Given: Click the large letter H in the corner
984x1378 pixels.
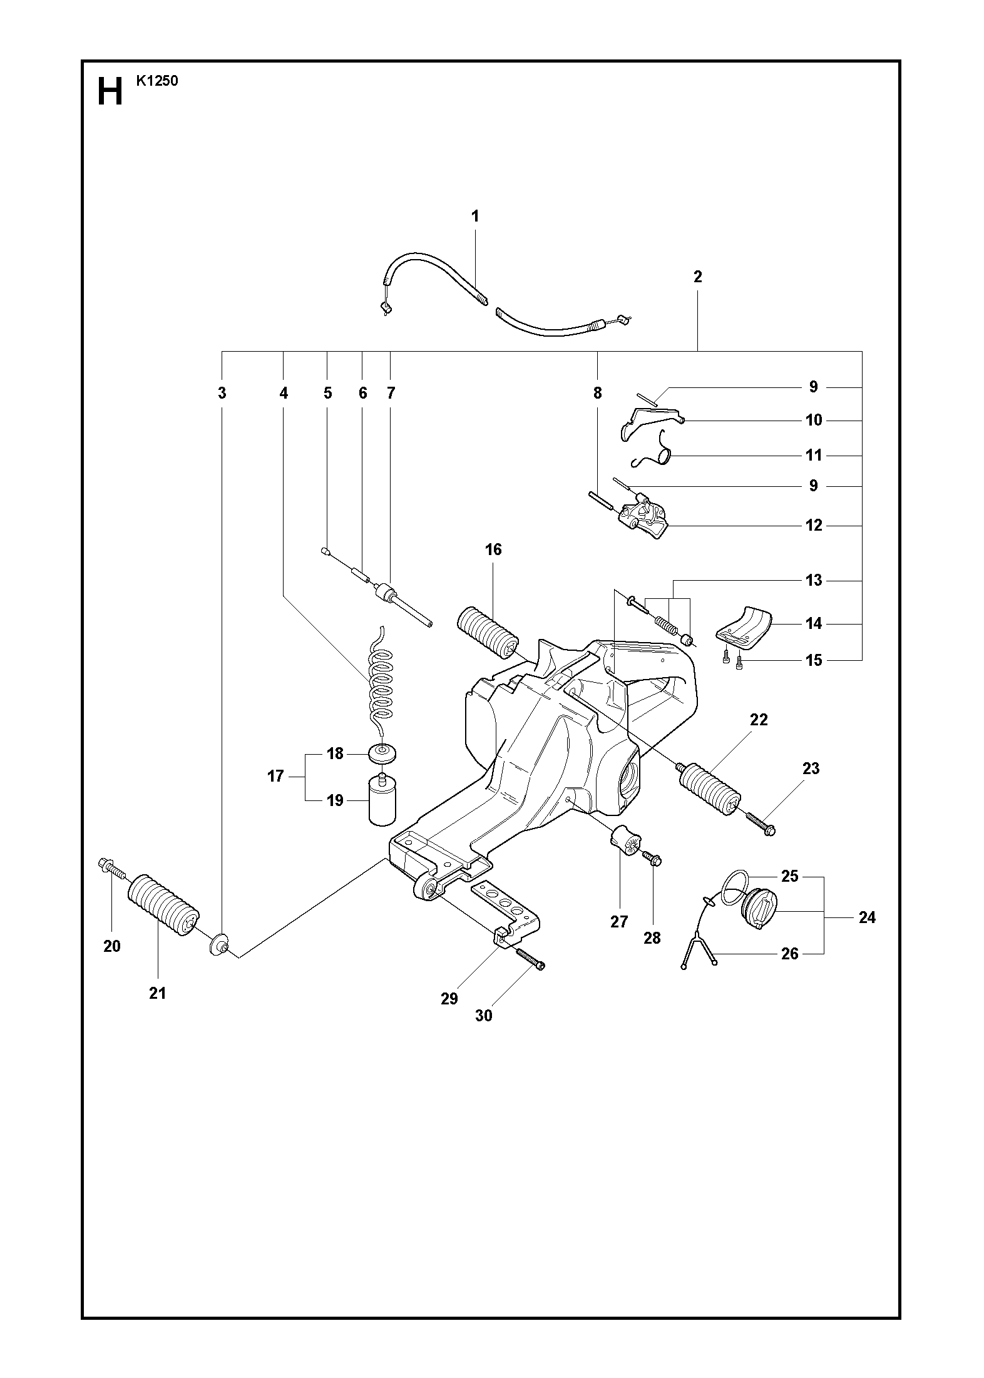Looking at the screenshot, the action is [x=110, y=93].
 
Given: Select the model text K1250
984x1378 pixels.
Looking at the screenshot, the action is [x=156, y=81].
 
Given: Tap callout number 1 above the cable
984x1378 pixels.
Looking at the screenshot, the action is [x=475, y=217].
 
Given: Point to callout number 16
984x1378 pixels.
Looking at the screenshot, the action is [x=493, y=549].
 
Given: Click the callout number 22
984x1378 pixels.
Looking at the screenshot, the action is [x=759, y=720].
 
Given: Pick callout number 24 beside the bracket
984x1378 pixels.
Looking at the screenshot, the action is [x=867, y=918].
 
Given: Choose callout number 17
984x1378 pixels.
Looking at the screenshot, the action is [x=275, y=776].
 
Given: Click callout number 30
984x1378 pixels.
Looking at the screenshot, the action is [x=484, y=1016].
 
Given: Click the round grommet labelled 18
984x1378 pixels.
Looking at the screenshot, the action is [x=383, y=753].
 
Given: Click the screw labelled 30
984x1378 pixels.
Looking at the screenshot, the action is [x=530, y=975].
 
